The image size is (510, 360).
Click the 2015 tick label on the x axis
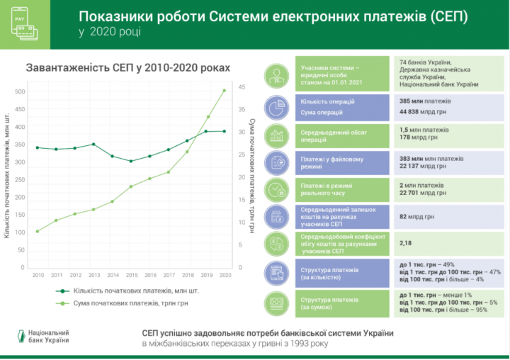point(131,275)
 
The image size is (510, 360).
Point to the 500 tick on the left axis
point(20,91)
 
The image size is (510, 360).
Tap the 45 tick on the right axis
point(243,86)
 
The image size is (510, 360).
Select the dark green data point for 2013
point(93,144)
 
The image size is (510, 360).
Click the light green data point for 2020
point(225,90)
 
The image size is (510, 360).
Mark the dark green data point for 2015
point(131,161)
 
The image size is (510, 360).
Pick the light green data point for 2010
point(38,231)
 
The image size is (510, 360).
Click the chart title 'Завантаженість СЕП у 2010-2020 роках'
point(127,67)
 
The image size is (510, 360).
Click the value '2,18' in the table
point(406,242)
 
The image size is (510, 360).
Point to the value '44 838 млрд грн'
point(424,111)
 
